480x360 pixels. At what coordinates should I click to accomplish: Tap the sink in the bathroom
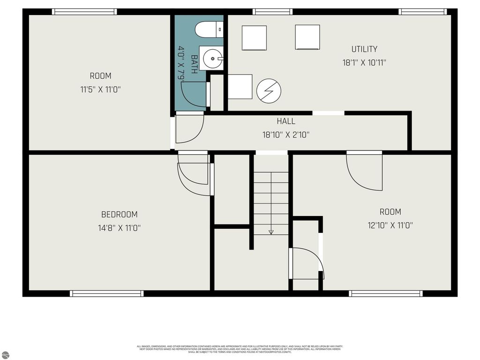[212, 58]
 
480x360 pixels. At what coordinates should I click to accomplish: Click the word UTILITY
[364, 49]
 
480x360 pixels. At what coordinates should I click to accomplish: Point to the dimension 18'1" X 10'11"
[364, 62]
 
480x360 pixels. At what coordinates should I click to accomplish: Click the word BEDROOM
[120, 215]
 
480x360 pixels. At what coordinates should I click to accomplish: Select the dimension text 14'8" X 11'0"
[120, 228]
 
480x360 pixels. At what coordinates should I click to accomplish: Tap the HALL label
[286, 121]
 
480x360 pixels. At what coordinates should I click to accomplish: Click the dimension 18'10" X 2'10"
[286, 135]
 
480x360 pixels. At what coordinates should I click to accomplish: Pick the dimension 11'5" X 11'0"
[101, 89]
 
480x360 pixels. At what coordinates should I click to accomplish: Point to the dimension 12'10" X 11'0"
[390, 225]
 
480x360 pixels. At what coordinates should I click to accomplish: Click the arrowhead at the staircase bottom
[271, 232]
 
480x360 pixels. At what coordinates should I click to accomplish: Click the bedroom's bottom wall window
[106, 293]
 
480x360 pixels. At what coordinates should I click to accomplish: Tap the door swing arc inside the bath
[192, 96]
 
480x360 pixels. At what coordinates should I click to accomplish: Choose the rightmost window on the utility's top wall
[422, 12]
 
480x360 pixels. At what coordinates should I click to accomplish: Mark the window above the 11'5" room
[84, 12]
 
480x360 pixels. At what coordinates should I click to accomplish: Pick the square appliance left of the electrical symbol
[240, 87]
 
